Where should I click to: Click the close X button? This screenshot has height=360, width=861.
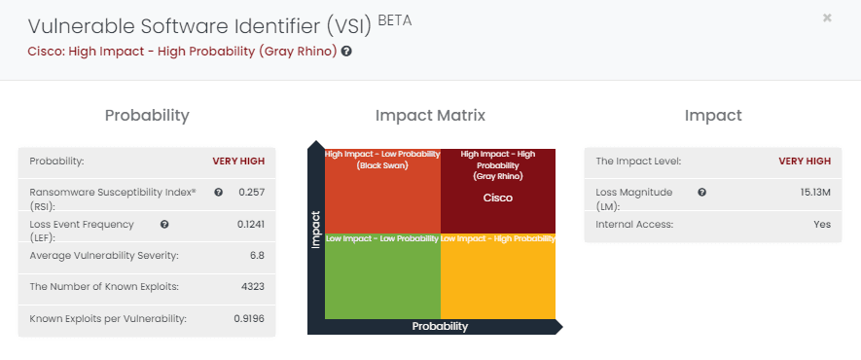coord(827,18)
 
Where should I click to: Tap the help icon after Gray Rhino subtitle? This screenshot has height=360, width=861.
coord(346,52)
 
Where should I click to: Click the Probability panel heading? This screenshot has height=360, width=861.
coord(147,116)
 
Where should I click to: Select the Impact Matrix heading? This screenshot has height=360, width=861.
coord(430,116)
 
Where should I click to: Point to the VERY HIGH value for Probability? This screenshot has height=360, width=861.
coord(238,162)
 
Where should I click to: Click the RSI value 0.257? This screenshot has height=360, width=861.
coord(251,193)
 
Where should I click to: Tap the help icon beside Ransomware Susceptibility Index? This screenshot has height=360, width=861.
coord(218,193)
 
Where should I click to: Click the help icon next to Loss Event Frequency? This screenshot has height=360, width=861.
coord(164,225)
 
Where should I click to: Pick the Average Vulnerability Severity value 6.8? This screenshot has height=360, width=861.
coord(255,256)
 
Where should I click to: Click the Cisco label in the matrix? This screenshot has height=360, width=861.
coord(498,198)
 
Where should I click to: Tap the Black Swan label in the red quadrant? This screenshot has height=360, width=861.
coord(381,165)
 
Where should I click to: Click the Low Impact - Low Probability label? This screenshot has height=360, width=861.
coord(381,239)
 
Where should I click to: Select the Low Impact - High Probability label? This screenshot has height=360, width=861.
coord(497,239)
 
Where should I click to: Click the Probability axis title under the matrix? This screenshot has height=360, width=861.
coord(440,326)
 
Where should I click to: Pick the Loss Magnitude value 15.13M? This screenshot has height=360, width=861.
coord(815,193)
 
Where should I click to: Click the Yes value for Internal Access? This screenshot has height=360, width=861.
coord(822,225)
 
